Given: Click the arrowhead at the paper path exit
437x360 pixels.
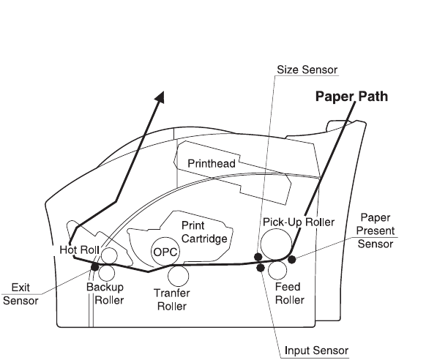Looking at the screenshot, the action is click(160, 97).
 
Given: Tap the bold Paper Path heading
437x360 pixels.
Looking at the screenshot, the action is click(351, 97).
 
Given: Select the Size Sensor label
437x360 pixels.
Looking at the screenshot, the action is click(307, 70).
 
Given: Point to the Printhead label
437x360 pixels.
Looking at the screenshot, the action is click(212, 163).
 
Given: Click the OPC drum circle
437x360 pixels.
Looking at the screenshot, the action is click(165, 251).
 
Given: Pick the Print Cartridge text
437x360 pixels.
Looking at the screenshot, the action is click(204, 232).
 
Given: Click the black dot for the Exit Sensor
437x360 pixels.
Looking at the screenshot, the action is click(95, 266).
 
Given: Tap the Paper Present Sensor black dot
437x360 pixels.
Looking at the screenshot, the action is click(291, 260).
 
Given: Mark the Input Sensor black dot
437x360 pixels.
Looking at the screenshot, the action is click(261, 268).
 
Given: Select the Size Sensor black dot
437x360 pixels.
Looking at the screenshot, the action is click(258, 257).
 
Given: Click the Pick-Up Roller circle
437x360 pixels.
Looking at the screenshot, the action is click(276, 244).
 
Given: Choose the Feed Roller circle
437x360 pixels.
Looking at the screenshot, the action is click(277, 271).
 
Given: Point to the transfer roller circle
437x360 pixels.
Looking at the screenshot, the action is click(178, 276).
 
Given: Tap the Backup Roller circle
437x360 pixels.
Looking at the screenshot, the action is click(107, 273).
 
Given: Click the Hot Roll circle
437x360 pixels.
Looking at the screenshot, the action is click(109, 255).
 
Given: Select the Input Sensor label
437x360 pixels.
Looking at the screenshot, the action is click(316, 350).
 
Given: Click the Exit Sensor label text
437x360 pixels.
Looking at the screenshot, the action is click(20, 294).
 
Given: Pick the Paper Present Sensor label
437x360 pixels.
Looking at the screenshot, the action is click(376, 230).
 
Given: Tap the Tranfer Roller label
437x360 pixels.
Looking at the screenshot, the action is click(172, 299).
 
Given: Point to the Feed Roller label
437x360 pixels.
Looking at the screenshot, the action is click(289, 293).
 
